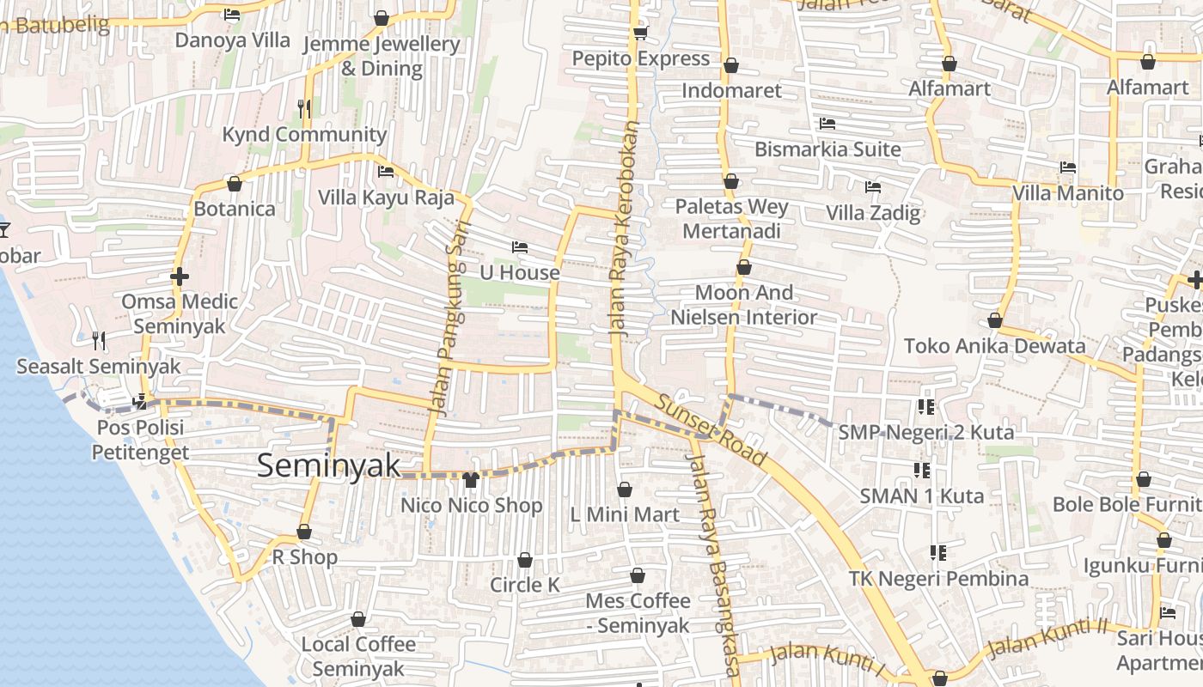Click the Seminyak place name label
pyautogui.click(x=329, y=465)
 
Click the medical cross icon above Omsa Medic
pyautogui.click(x=180, y=277)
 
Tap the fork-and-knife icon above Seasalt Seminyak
pyautogui.click(x=99, y=341)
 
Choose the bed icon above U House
pyautogui.click(x=519, y=247)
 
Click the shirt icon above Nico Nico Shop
pyautogui.click(x=470, y=479)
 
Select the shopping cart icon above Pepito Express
pyautogui.click(x=640, y=33)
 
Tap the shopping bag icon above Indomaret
pyautogui.click(x=731, y=65)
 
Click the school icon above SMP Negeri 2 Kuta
pyautogui.click(x=925, y=406)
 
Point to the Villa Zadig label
pyautogui.click(x=873, y=212)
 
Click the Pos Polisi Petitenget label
pyautogui.click(x=140, y=439)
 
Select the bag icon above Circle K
pyautogui.click(x=525, y=560)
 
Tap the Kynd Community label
pyautogui.click(x=304, y=134)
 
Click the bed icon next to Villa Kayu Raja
pyautogui.click(x=386, y=172)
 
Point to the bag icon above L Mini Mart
pyautogui.click(x=625, y=489)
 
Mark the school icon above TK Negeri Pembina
pyautogui.click(x=938, y=553)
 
